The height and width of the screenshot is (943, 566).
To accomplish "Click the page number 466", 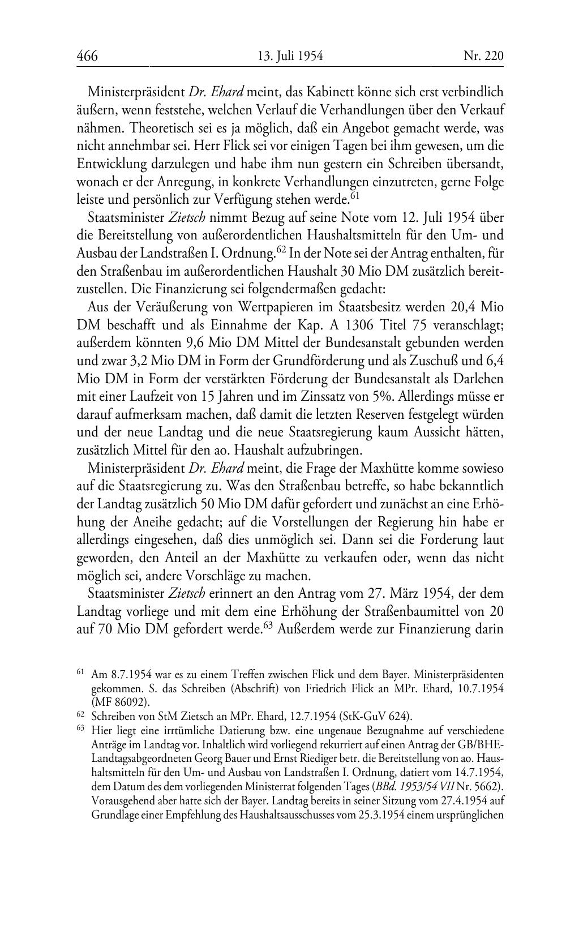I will pos(87,56).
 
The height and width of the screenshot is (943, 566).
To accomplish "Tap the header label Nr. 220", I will pos(483,56).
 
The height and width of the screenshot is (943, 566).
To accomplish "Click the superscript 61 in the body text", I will pos(355,196).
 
